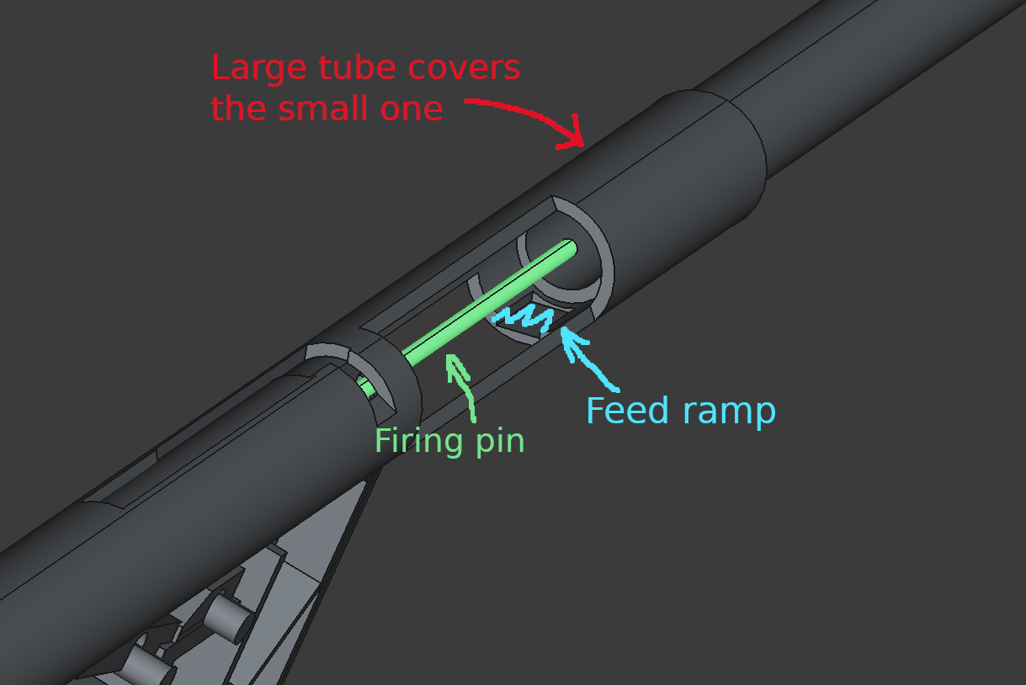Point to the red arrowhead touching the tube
tap(574, 135)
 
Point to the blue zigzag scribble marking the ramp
tap(524, 317)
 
